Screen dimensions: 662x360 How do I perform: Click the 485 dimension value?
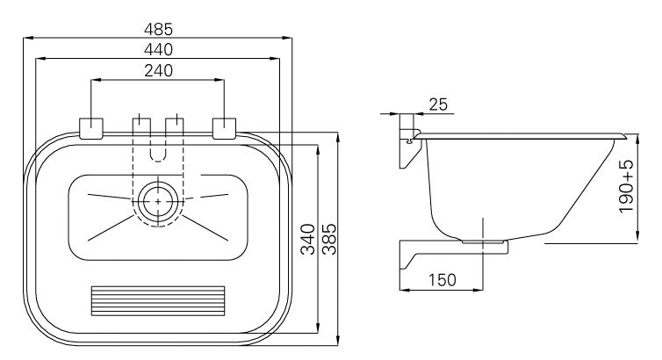pyautogui.click(x=158, y=29)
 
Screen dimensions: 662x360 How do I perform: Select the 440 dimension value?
pyautogui.click(x=158, y=50)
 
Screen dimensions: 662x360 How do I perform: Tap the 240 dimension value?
pyautogui.click(x=158, y=70)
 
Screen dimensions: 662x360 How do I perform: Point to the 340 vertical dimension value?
pyautogui.click(x=308, y=240)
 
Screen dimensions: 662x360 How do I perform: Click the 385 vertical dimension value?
pyautogui.click(x=329, y=240)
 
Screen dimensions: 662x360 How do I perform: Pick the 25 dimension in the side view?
pyautogui.click(x=438, y=104)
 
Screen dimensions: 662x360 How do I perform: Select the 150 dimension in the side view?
pyautogui.click(x=443, y=280)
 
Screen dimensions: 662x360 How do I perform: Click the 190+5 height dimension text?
pyautogui.click(x=627, y=186)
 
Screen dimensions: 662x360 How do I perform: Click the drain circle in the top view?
pyautogui.click(x=158, y=202)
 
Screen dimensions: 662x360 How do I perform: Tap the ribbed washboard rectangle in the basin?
pyautogui.click(x=158, y=301)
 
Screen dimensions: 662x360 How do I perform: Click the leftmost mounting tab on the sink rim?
pyautogui.click(x=91, y=128)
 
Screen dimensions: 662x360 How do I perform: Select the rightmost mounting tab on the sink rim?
pyautogui.click(x=224, y=128)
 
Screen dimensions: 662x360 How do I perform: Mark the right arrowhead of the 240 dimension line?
pyautogui.click(x=219, y=79)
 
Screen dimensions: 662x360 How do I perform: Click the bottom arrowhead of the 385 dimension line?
pyautogui.click(x=338, y=341)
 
